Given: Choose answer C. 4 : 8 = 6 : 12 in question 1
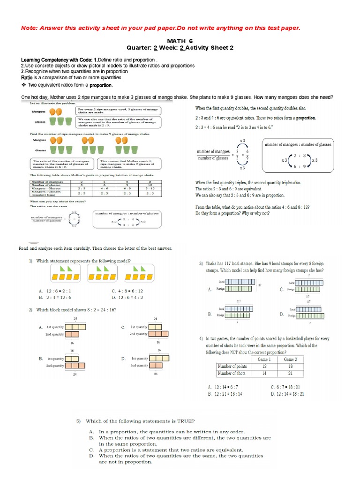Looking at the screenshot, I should click(x=127, y=291).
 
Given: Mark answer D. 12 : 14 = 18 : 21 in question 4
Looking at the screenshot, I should click(x=287, y=394).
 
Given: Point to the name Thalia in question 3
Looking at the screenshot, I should click(x=213, y=264).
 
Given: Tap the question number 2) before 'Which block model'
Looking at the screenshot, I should click(x=30, y=309).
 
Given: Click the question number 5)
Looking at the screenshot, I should click(x=79, y=421).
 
